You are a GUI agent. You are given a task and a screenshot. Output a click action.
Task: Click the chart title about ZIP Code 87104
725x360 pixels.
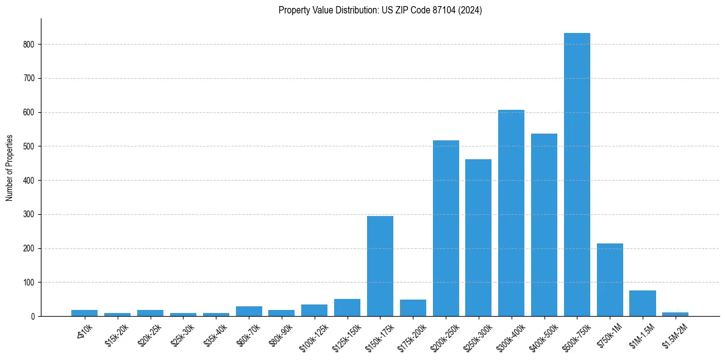click(380, 10)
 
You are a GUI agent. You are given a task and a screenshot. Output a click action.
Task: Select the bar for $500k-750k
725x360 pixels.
click(577, 175)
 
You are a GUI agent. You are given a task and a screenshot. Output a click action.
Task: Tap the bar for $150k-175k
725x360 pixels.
click(380, 266)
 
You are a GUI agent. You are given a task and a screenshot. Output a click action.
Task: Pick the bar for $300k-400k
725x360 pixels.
click(511, 213)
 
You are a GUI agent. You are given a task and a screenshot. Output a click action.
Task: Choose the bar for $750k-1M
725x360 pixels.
click(610, 279)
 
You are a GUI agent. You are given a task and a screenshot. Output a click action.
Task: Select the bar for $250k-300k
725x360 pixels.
click(478, 237)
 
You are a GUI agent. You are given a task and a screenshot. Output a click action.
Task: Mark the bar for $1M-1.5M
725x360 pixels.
click(643, 303)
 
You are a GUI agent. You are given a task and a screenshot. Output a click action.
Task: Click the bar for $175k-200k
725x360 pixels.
click(413, 308)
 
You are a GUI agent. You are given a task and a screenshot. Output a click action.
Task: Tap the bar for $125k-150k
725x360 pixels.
click(347, 308)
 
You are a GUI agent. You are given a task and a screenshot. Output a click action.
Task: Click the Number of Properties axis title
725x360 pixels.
click(10, 168)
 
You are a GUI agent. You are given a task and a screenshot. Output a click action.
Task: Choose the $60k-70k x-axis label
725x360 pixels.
click(248, 334)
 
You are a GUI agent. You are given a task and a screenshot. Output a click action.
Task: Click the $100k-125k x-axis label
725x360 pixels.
click(312, 337)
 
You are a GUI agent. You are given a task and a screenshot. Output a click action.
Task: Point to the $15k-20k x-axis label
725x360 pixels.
click(116, 334)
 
